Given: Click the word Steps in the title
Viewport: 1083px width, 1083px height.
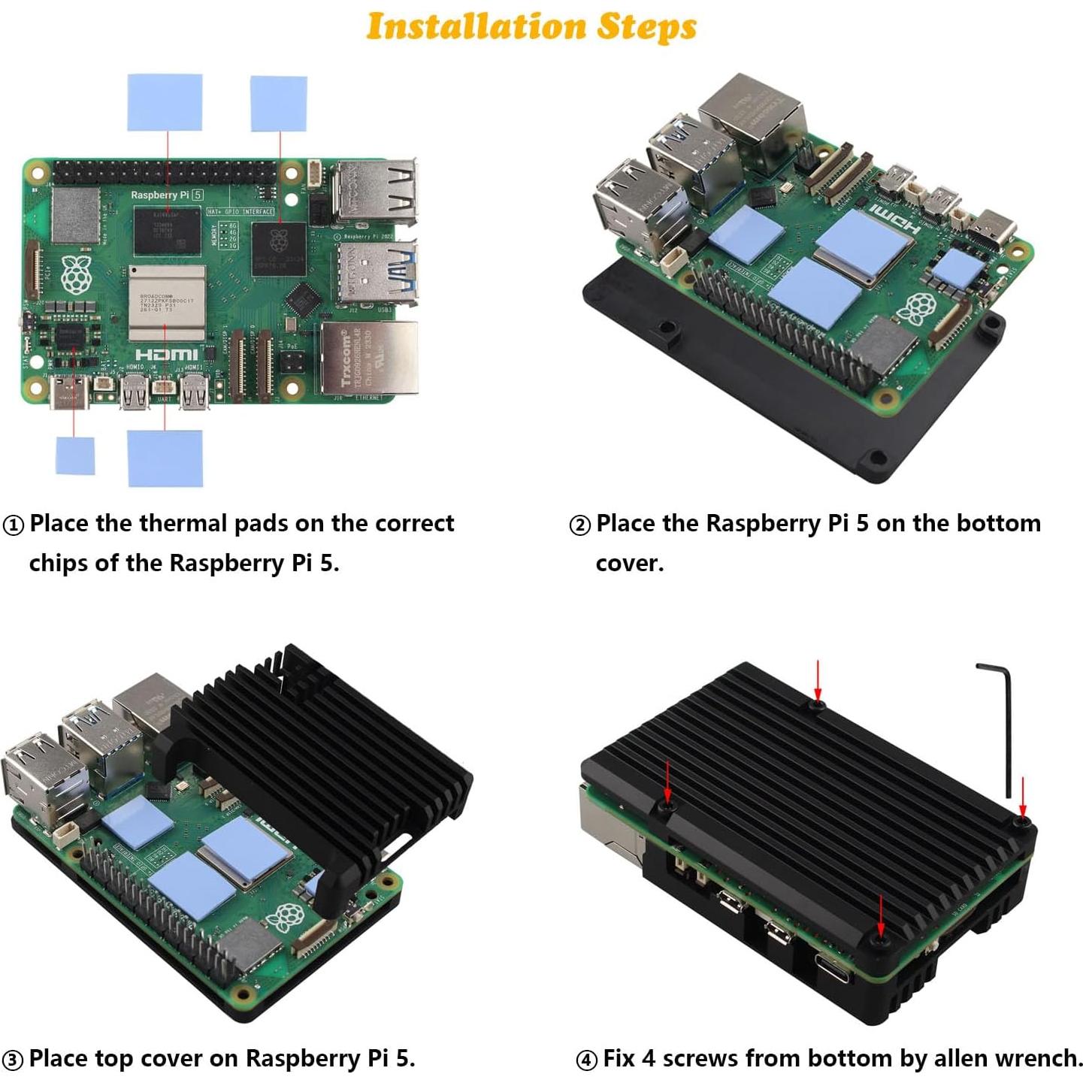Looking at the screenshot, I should click(646, 26).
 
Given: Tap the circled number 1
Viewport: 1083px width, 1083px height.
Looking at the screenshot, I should click(14, 525).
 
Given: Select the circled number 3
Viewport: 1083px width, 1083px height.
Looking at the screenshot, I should click(13, 1060).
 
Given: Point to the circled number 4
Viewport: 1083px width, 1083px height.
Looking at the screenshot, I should click(586, 1060).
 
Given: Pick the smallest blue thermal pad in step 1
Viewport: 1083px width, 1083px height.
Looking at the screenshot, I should click(75, 455).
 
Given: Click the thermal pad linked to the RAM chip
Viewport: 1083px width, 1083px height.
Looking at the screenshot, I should click(165, 102).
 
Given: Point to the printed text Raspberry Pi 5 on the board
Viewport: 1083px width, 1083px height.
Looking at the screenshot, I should click(166, 195).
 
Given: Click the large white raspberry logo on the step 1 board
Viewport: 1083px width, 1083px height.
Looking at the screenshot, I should click(76, 275).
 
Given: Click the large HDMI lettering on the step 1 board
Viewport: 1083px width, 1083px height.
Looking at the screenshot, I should click(166, 354).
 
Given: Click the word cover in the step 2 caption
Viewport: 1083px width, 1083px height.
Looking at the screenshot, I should click(629, 564).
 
